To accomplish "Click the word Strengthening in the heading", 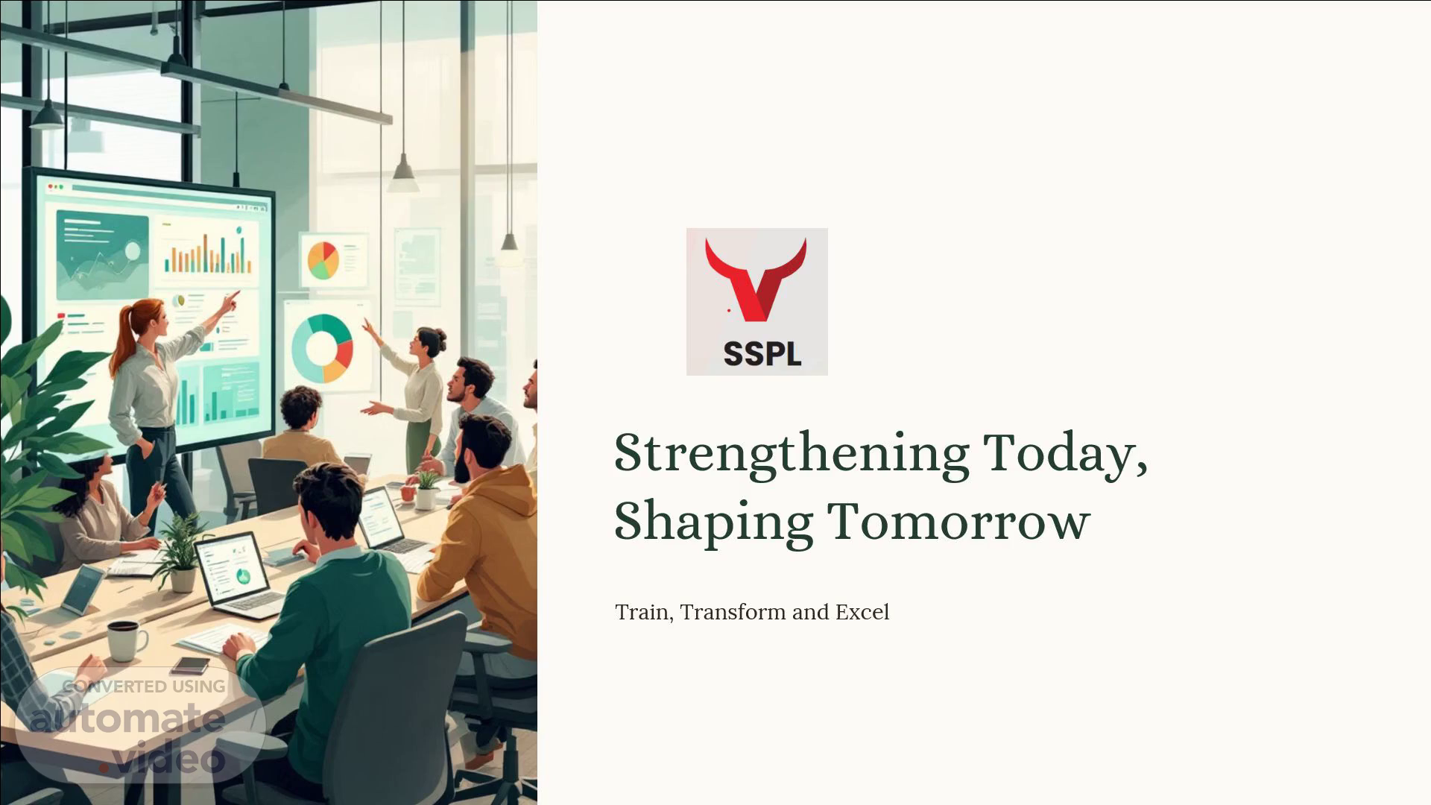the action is pos(792,455).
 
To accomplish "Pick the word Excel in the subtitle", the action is pos(862,613).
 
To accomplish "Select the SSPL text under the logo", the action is pos(762,353).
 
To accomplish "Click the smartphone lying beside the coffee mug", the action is pos(191,665).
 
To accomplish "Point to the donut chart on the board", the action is pos(322,348).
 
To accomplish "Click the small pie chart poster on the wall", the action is pos(323,260).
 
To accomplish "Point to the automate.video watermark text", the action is pos(128,738).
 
